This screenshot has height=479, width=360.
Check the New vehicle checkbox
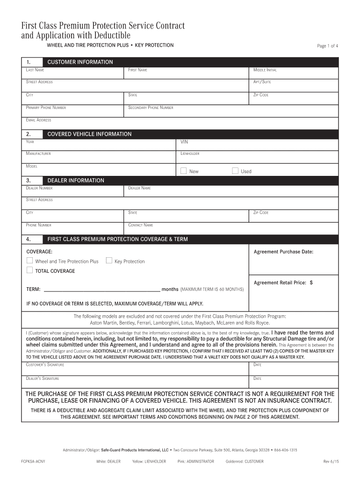coord(183,171)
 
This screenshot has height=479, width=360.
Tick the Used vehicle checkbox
coord(235,171)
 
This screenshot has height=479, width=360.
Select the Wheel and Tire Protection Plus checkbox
coord(29,261)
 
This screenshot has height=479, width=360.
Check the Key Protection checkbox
coord(109,261)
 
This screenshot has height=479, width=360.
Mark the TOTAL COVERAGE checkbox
coord(29,270)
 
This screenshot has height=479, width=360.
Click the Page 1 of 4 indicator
coord(327,46)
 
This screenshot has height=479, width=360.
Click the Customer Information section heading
coord(80,62)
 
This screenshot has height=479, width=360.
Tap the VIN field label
coord(185,142)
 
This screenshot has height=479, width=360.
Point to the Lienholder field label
coord(190,153)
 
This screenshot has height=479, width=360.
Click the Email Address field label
coord(38,120)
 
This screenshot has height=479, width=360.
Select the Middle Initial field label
coord(265,70)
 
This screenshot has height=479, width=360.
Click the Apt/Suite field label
coord(262,82)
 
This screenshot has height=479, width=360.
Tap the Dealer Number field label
coord(39,188)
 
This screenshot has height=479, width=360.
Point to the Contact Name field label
coord(140,225)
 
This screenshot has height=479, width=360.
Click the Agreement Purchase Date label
coord(283,252)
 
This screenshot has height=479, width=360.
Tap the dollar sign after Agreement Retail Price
coord(311,283)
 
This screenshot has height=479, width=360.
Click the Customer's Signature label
coord(45,365)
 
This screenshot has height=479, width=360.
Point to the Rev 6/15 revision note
coord(331,461)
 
